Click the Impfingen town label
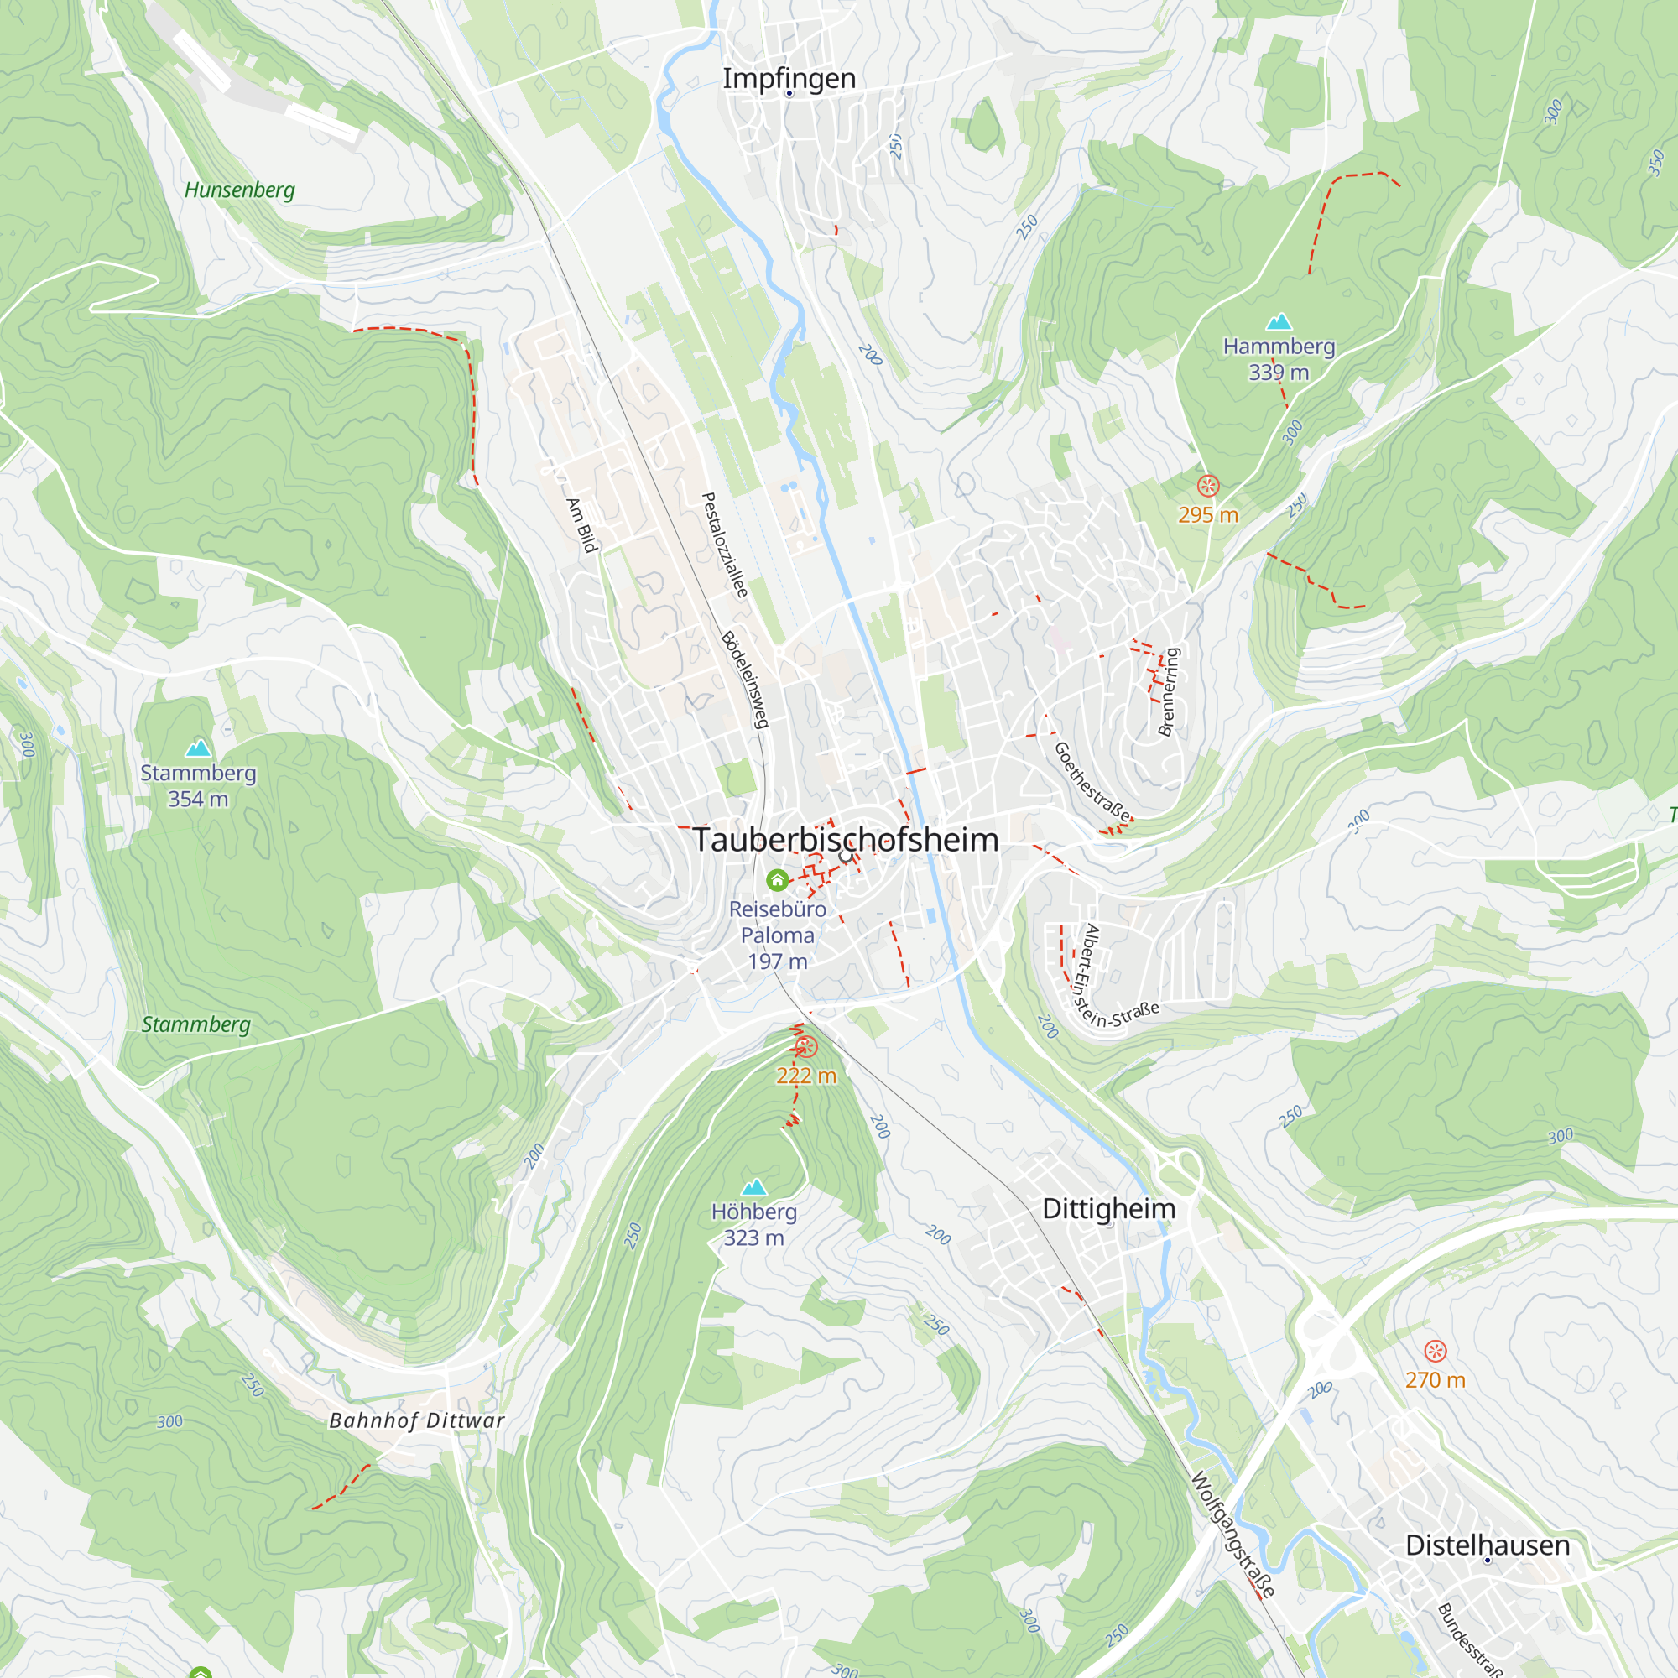pos(789,78)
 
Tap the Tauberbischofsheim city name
pos(845,840)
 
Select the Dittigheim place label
pos(1108,1208)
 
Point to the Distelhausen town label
pos(1487,1545)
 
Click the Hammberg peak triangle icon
pos(1279,322)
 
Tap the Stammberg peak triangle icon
pos(198,748)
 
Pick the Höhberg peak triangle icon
pos(754,1186)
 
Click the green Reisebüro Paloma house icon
pos(778,881)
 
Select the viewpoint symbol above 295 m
pos(1207,486)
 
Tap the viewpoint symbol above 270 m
pos(1435,1351)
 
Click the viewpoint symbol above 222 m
pos(806,1046)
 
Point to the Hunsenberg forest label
pos(240,190)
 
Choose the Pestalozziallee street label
pos(724,545)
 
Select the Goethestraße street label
pos(1092,782)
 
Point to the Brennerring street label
pos(1169,691)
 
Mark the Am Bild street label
pos(582,524)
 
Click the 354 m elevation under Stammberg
pos(198,799)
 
